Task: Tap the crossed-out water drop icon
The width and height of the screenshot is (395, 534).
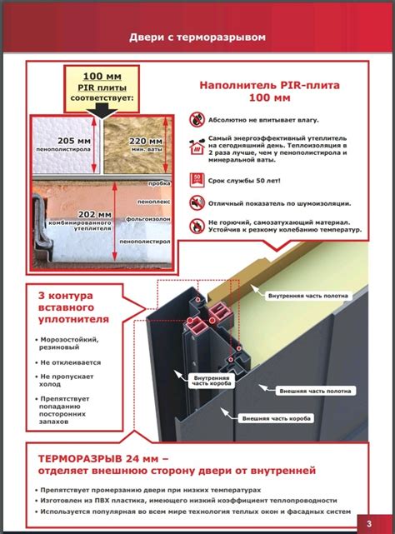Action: [x=197, y=118]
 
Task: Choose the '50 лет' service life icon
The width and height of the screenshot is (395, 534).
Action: [x=197, y=177]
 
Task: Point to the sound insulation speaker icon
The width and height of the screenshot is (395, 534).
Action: [x=197, y=202]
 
